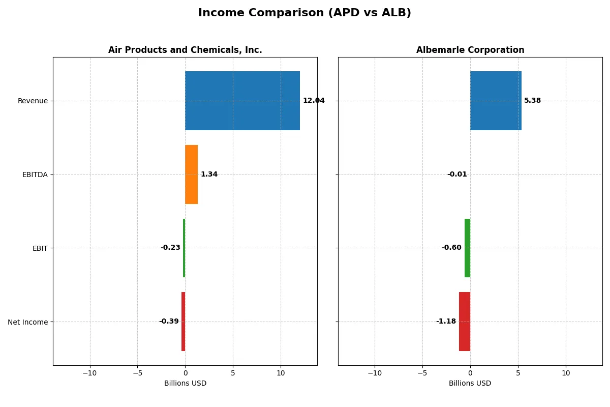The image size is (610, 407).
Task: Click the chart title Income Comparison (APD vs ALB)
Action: pos(304,13)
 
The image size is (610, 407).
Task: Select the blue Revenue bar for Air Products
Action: pos(242,101)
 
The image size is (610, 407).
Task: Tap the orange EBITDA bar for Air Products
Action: pos(191,175)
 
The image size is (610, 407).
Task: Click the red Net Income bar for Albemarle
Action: pos(465,322)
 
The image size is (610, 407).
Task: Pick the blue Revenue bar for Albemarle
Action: pos(496,101)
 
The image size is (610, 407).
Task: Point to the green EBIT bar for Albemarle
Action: pos(467,248)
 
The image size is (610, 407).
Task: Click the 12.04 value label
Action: pos(313,101)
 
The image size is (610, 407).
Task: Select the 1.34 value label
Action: pos(209,175)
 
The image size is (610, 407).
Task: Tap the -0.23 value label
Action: pos(170,248)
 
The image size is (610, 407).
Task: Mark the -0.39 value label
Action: pos(169,322)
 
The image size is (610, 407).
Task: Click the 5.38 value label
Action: pos(532,101)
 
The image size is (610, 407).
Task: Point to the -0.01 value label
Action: pos(457,175)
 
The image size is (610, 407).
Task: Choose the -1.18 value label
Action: pos(446,322)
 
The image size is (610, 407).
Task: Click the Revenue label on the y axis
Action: pos(33,101)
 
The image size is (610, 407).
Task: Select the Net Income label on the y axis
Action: pos(28,322)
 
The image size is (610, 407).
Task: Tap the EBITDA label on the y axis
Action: pos(35,175)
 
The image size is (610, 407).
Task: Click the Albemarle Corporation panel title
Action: pos(470,50)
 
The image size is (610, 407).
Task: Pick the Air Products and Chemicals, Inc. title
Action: pos(185,50)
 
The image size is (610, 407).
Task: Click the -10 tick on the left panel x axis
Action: pos(90,373)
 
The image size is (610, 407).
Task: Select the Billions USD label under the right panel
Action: pos(470,383)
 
